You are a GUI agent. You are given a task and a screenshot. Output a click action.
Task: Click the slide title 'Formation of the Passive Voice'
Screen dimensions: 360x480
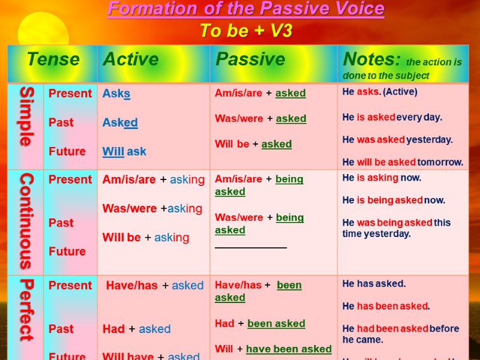pos(246,10)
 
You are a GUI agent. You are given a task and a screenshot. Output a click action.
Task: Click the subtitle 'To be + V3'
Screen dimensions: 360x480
pos(246,31)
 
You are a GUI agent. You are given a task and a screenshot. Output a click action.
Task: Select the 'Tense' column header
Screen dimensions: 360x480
pos(53,59)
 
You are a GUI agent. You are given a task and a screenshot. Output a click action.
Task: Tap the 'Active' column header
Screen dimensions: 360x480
pos(131,59)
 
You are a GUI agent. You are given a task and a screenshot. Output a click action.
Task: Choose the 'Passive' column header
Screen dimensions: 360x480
pos(250,59)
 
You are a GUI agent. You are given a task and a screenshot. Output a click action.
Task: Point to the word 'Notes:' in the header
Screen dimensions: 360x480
pos(371,59)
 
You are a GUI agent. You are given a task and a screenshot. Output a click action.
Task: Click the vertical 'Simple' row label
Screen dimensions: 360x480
pos(26,116)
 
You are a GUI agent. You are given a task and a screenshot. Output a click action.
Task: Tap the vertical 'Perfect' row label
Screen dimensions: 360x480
pos(26,310)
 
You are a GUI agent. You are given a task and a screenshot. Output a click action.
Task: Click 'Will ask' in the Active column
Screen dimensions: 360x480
pos(124,151)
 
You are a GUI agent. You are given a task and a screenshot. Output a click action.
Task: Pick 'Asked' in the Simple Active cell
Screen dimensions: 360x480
pos(120,122)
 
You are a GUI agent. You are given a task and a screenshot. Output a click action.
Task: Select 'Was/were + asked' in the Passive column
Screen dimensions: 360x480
pos(260,119)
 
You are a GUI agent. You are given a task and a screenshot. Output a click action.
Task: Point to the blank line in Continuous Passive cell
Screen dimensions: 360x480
pos(251,246)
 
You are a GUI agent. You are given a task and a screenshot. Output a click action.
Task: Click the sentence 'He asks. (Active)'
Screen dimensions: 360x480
pos(380,92)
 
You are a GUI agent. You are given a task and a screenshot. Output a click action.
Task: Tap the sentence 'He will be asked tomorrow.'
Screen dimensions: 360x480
pos(403,162)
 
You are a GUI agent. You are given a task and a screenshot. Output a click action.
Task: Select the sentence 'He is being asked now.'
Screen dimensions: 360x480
pos(394,200)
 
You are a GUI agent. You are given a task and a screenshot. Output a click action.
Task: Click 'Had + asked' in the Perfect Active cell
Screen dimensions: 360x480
pos(136,329)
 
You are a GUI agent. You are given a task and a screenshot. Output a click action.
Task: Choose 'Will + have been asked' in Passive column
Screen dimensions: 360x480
pos(273,349)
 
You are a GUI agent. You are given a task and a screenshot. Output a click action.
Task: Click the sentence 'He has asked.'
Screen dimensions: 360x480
pos(374,284)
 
